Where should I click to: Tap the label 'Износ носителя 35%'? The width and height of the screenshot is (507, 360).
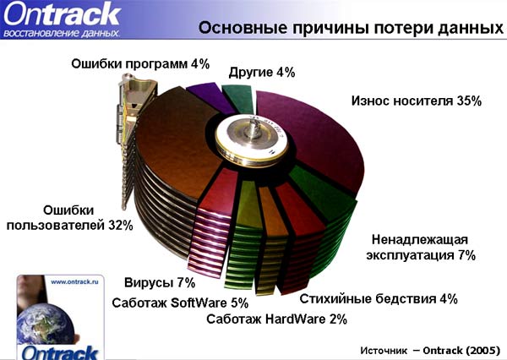point(416,101)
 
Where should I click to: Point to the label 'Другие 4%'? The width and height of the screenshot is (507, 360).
point(262,72)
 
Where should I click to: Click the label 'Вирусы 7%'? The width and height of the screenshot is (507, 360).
point(160,282)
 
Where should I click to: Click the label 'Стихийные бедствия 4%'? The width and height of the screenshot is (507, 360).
point(379,298)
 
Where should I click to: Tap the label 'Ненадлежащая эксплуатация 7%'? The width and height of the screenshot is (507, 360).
point(420,247)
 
